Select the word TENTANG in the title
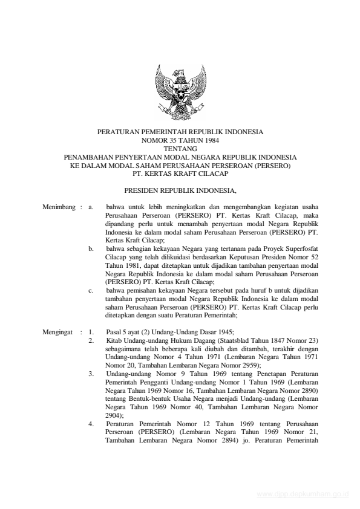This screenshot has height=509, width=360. (x=180, y=147)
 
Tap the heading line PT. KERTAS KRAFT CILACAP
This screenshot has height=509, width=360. (x=180, y=170)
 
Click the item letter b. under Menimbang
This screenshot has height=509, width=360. (x=91, y=248)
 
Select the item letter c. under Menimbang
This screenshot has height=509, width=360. (x=91, y=290)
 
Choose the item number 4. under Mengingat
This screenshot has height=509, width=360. (x=91, y=424)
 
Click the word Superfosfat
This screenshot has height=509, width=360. (x=301, y=248)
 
